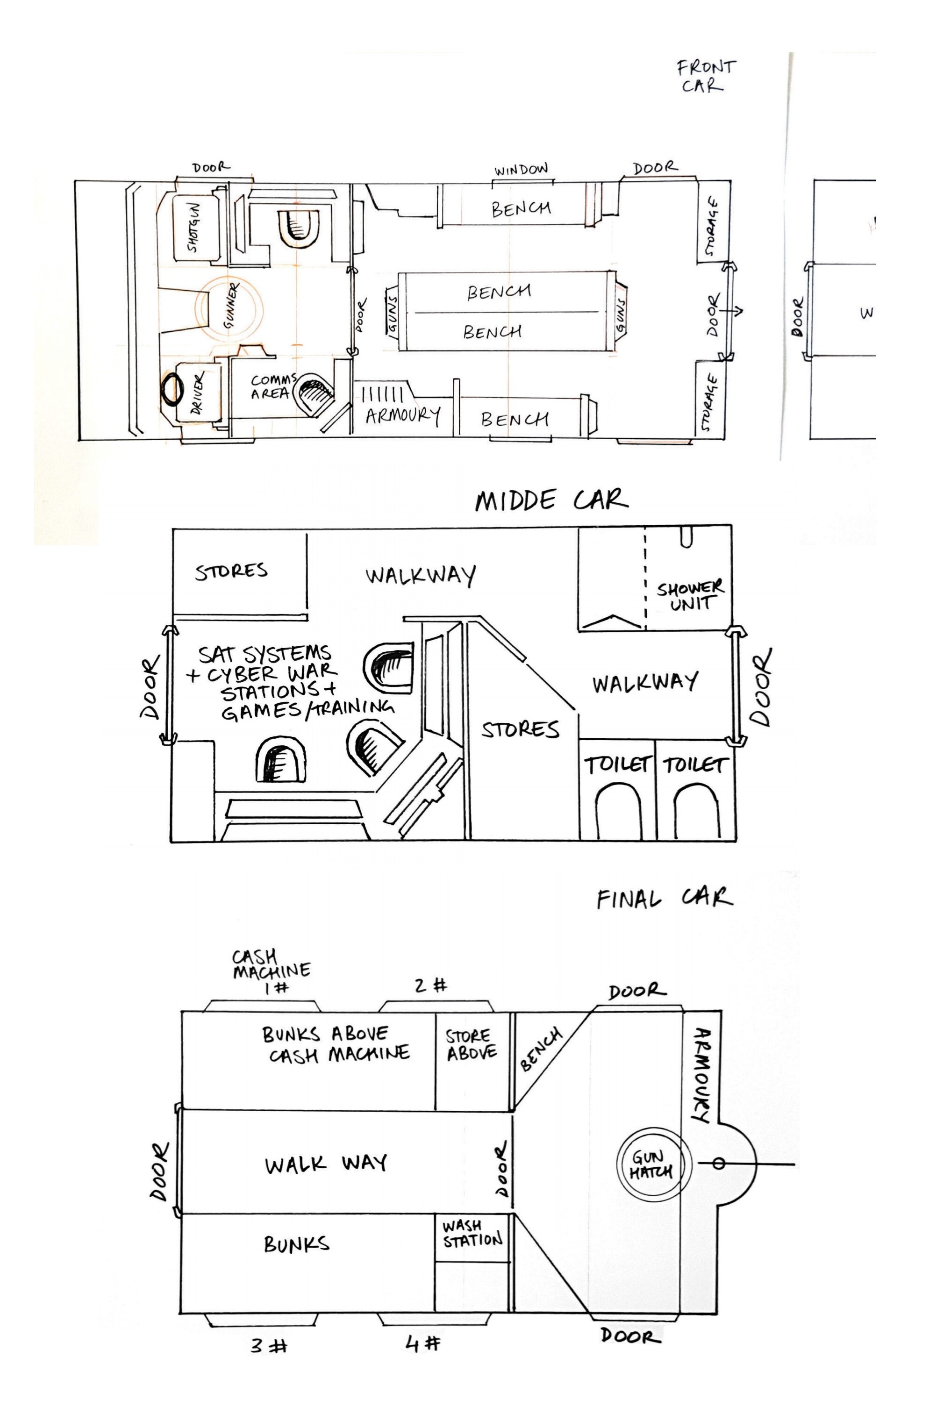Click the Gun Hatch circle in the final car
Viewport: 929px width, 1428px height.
click(x=653, y=1164)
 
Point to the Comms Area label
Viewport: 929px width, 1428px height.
click(x=274, y=387)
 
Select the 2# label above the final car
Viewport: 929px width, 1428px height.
click(x=431, y=985)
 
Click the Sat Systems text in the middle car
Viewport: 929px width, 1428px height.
click(x=264, y=653)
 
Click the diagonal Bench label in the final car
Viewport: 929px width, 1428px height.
click(x=541, y=1050)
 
